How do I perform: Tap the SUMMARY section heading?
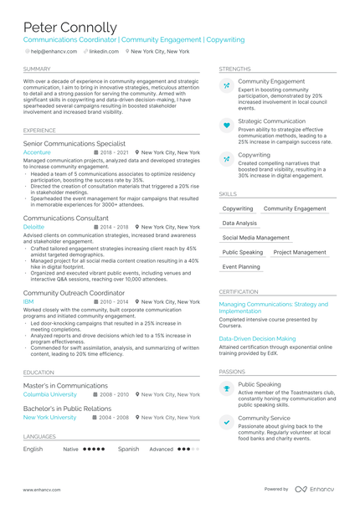[37, 69]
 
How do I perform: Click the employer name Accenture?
[37, 153]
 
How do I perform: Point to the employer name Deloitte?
[34, 227]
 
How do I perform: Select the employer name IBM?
[28, 301]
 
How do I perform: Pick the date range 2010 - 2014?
[113, 301]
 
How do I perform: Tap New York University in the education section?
[49, 417]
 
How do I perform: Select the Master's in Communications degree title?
[65, 385]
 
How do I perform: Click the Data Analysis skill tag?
[239, 224]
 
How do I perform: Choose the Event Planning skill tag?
[241, 266]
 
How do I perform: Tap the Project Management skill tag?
[300, 252]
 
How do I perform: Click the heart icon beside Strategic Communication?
[226, 125]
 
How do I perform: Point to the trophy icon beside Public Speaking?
[226, 388]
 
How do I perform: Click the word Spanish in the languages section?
[128, 449]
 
